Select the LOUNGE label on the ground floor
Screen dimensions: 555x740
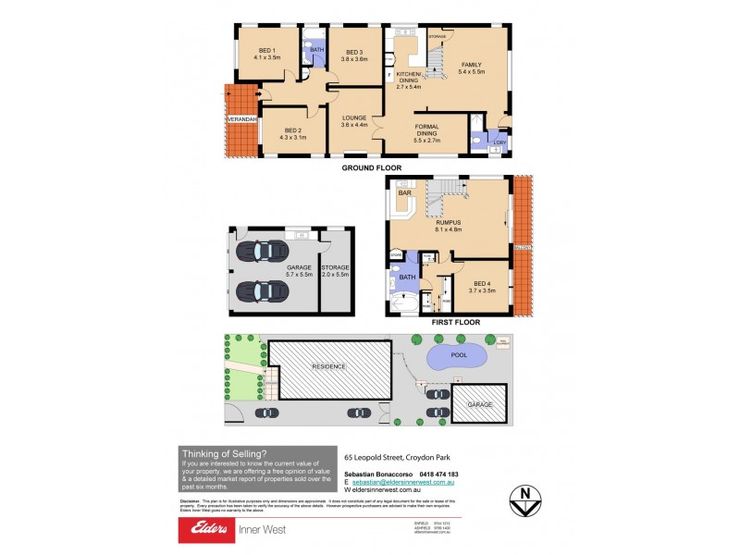tap(355, 117)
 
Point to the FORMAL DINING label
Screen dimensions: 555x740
tap(426, 129)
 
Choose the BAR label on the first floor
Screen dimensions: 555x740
tap(403, 193)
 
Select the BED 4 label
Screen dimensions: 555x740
tap(484, 282)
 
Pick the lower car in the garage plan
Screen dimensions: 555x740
tap(262, 291)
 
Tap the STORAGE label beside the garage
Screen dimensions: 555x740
tap(335, 266)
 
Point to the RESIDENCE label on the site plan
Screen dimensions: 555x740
tap(327, 366)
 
